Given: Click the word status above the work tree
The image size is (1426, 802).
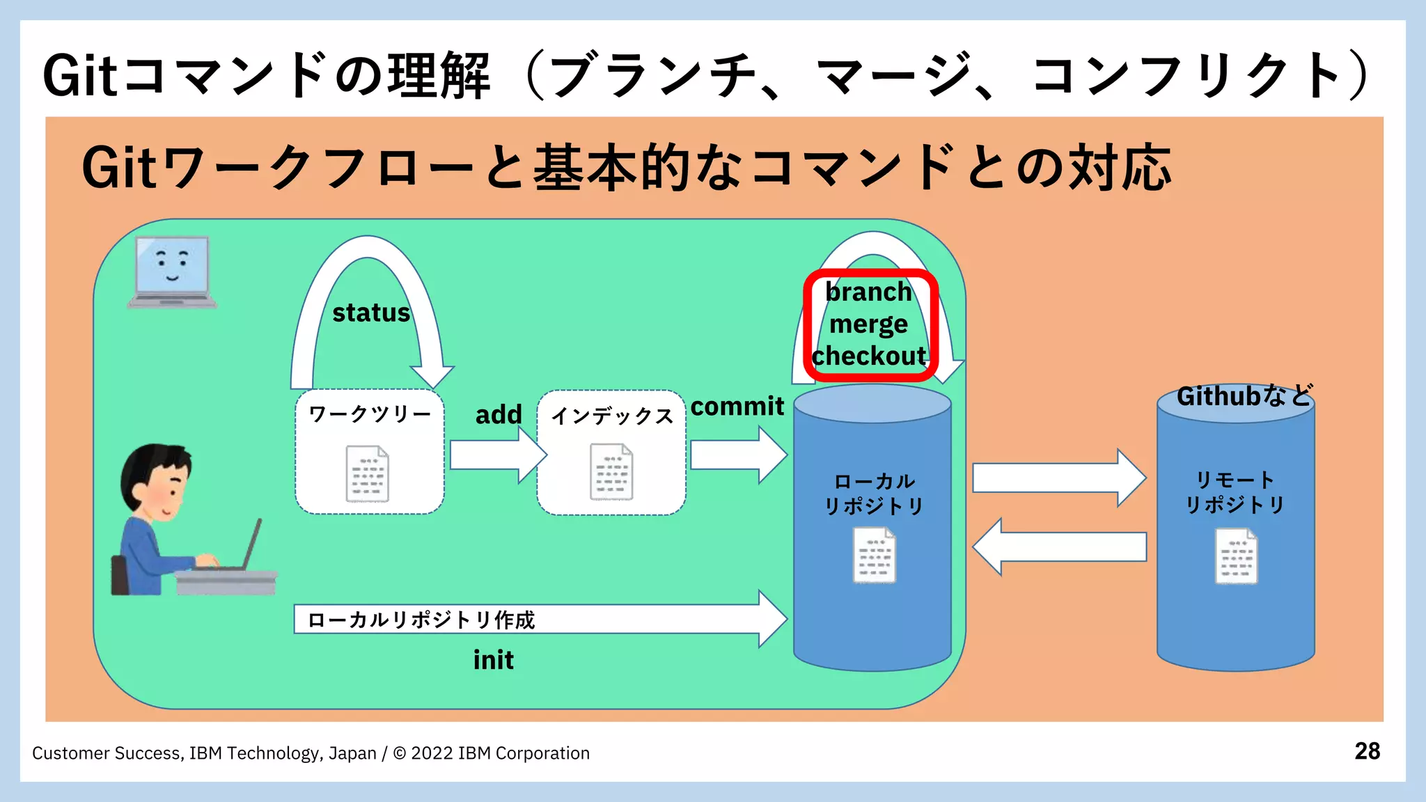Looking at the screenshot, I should point(371,313).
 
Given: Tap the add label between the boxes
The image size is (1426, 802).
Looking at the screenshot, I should point(499,414).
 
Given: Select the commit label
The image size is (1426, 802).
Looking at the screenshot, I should point(737,406).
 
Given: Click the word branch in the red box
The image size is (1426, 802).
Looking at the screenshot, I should point(869,292).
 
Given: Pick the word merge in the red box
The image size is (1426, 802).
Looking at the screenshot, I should point(869,324).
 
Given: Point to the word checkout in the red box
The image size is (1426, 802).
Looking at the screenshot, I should point(869,356).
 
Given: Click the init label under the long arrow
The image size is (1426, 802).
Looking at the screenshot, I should point(494,659).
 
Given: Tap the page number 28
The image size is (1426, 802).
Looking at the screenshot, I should point(1367,751).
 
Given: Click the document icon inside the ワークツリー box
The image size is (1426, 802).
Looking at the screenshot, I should point(368,473).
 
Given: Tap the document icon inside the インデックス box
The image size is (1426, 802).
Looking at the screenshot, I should point(611,472).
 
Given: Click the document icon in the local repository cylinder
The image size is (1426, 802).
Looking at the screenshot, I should point(875,555).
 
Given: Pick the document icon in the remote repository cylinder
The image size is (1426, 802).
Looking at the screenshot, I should point(1236,556).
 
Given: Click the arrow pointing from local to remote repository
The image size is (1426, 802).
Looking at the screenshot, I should point(1058,478).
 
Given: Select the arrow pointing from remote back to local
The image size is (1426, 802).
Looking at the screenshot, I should point(1058,547).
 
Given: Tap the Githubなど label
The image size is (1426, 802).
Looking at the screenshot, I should point(1244,395).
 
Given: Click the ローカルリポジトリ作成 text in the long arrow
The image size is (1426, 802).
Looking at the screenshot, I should point(421,620).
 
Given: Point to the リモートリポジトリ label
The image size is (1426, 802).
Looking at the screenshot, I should point(1235,492).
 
